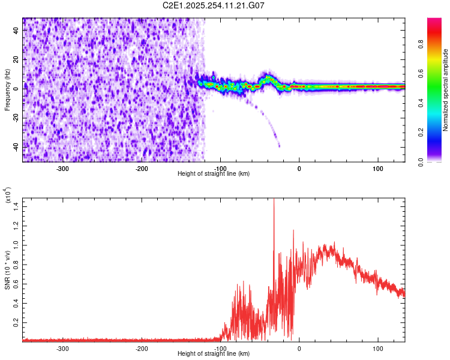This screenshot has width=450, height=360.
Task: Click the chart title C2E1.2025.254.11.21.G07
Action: (x=214, y=5)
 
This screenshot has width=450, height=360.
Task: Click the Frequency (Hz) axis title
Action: (x=7, y=90)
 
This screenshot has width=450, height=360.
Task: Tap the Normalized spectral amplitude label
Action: (x=446, y=90)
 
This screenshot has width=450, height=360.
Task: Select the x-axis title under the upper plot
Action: (x=214, y=173)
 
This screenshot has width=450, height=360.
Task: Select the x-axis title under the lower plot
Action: (x=214, y=353)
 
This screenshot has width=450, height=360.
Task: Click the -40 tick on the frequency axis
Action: (x=15, y=147)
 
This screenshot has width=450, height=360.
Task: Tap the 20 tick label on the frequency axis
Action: (x=16, y=59)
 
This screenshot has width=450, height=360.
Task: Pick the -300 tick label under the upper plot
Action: (x=63, y=167)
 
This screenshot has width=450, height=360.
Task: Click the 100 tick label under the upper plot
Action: (x=378, y=167)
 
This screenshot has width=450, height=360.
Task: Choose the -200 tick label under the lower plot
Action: (x=142, y=347)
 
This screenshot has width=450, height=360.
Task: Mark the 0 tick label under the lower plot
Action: (x=299, y=347)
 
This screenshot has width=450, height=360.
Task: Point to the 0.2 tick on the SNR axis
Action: (x=16, y=322)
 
